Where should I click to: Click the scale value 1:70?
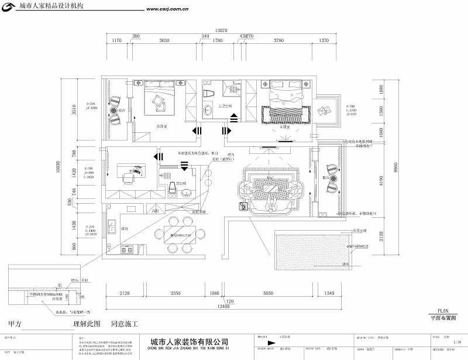[457, 341]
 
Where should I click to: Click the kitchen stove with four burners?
[127, 251]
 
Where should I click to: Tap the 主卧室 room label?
[286, 126]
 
